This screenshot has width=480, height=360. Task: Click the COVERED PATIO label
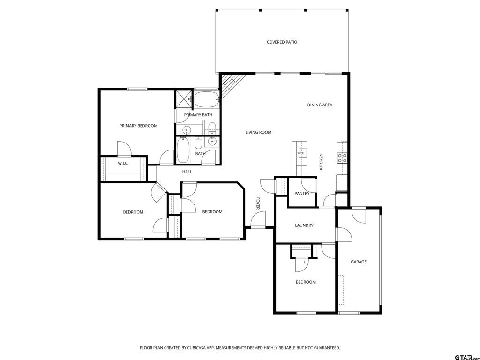(282, 42)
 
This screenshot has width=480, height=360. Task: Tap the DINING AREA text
(320, 105)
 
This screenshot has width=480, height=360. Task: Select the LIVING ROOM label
(258, 132)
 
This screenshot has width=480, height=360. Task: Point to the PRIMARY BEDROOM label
(138, 126)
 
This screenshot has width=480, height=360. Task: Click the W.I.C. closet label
(123, 163)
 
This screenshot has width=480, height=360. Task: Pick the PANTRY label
(302, 193)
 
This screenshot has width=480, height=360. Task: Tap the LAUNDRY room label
(304, 225)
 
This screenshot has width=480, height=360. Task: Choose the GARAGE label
(359, 262)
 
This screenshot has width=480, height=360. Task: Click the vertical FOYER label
(258, 203)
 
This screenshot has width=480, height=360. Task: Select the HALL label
(187, 172)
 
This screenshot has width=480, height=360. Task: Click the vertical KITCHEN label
(321, 162)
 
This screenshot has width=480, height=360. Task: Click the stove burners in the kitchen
(342, 157)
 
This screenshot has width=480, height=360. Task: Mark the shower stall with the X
(183, 99)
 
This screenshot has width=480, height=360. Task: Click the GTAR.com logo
(467, 357)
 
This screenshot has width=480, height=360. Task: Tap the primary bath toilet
(212, 127)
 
